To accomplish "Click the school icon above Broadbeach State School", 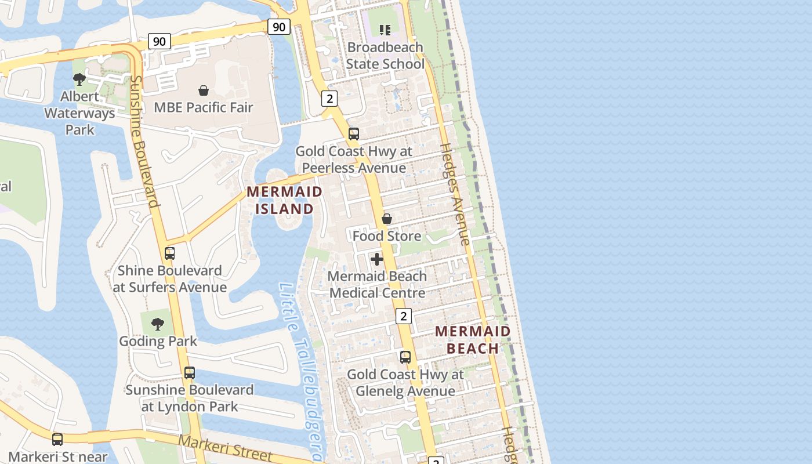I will [x=385, y=30].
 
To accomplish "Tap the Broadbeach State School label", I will [x=385, y=56].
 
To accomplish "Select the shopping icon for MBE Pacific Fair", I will [x=204, y=90].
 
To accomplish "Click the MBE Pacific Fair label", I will [x=204, y=107].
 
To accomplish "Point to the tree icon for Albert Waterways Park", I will [x=79, y=79].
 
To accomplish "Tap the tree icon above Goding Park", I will [x=158, y=324].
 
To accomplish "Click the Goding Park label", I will [x=158, y=341].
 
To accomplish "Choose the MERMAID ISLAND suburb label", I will [x=284, y=200].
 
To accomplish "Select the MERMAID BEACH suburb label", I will [x=473, y=340].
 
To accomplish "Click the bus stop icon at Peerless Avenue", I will [x=354, y=134].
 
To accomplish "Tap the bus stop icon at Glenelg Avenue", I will [x=405, y=357].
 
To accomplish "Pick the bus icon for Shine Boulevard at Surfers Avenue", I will [x=169, y=253].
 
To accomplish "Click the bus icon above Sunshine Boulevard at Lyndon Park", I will [x=190, y=373].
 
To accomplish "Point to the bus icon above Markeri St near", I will [x=57, y=440].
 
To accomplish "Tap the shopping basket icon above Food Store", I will [x=387, y=219].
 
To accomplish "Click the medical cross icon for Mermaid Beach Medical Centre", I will [x=377, y=259].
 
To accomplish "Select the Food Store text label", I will [x=387, y=236].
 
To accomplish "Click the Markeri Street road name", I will [x=224, y=448].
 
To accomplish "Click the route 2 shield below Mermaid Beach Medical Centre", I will [x=404, y=316].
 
